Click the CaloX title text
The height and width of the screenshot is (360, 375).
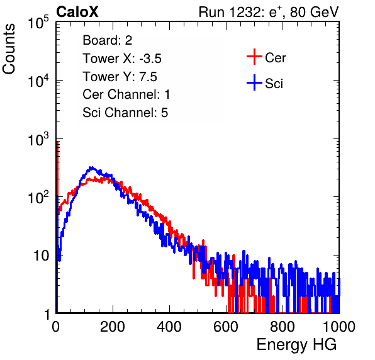click(77, 12)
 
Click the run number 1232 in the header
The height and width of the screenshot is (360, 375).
click(245, 12)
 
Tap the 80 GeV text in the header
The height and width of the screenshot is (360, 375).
click(314, 12)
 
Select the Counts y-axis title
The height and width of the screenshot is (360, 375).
click(9, 48)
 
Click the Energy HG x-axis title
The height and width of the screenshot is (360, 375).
click(296, 344)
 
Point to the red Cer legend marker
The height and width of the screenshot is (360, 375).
click(254, 57)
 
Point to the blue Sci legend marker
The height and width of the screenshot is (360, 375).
click(254, 82)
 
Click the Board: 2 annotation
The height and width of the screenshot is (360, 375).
click(108, 40)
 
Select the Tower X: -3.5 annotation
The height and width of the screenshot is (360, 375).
click(122, 59)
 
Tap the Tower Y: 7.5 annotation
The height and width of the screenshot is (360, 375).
click(120, 77)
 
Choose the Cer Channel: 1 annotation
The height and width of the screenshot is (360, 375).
click(126, 94)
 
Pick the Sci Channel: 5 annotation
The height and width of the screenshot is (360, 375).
click(125, 113)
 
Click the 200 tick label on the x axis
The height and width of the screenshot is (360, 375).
click(113, 327)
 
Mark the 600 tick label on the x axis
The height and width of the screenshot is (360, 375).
click(226, 327)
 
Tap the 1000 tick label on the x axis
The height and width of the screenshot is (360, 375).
click(339, 327)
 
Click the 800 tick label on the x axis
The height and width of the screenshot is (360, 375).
click(283, 327)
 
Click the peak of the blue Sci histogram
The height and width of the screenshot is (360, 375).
click(91, 167)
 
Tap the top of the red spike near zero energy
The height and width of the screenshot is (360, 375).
click(57, 142)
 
